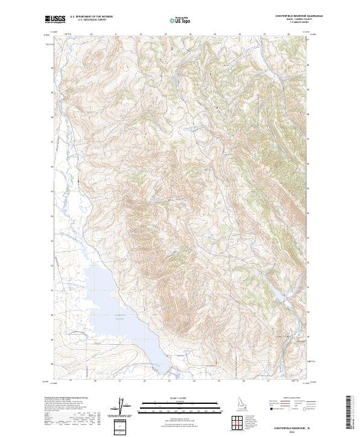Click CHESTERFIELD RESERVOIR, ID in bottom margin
pyautogui.click(x=293, y=426)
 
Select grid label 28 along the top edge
pyautogui.click(x=288, y=35)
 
